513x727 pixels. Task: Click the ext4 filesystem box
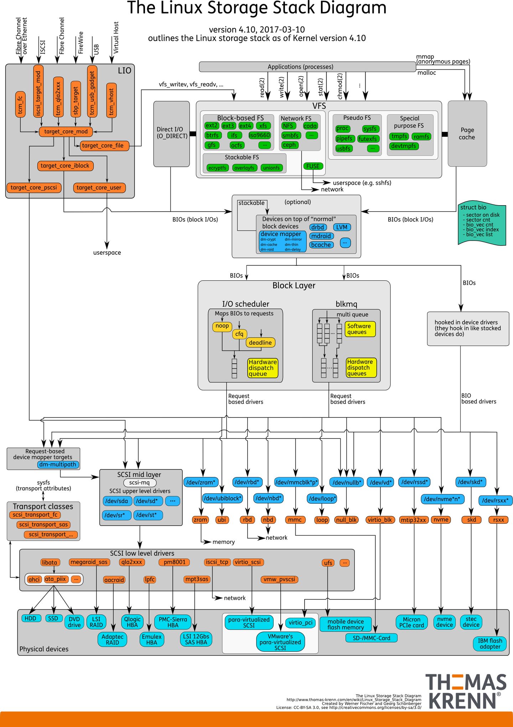pyautogui.click(x=245, y=126)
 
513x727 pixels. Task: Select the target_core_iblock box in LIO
pyautogui.click(x=65, y=166)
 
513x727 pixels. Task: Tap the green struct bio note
pyautogui.click(x=482, y=224)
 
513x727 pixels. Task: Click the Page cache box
pyautogui.click(x=467, y=134)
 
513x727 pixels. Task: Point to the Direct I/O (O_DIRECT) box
pyautogui.click(x=172, y=133)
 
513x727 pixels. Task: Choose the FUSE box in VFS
pyautogui.click(x=313, y=166)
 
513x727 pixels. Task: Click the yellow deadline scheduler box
pyautogui.click(x=260, y=343)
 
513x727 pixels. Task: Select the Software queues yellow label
pyautogui.click(x=360, y=329)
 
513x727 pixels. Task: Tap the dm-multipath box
pyautogui.click(x=58, y=464)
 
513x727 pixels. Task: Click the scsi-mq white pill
pyautogui.click(x=140, y=483)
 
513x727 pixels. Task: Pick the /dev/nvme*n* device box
pyautogui.click(x=442, y=499)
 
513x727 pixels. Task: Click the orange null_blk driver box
pyautogui.click(x=346, y=520)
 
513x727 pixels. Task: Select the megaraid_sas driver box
pyautogui.click(x=89, y=562)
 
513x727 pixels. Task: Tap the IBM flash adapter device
pyautogui.click(x=490, y=643)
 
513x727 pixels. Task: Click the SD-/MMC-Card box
pyautogui.click(x=371, y=638)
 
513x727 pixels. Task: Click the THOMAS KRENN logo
pyautogui.click(x=466, y=691)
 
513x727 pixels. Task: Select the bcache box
pyautogui.click(x=321, y=245)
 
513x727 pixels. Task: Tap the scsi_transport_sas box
pyautogui.click(x=43, y=525)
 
